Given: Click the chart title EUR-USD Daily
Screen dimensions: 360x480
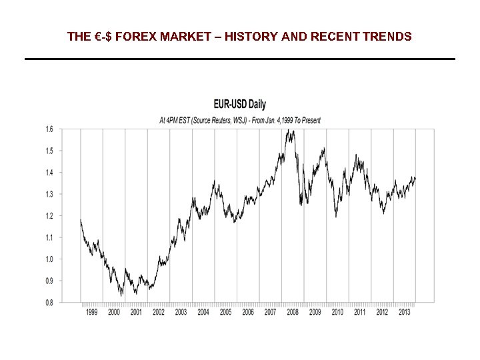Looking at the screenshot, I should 239,104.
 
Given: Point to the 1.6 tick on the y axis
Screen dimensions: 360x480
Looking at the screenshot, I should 49,129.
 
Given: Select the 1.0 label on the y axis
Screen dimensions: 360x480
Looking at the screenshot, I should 49,259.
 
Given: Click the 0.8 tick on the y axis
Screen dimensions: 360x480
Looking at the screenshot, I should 49,303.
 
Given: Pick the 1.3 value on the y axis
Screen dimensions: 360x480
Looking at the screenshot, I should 49,194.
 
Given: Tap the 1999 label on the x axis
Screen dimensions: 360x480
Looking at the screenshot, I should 91,312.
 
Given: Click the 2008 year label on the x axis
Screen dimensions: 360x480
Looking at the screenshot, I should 293,312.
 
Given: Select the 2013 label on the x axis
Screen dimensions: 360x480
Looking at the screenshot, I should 405,312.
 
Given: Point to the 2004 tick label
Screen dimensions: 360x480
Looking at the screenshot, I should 203,312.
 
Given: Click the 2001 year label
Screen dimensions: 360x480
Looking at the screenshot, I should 136,312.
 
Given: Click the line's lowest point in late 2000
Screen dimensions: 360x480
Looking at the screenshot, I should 121,295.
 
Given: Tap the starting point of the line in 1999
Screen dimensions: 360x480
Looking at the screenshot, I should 81,220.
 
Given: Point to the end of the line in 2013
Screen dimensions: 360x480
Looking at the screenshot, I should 415,178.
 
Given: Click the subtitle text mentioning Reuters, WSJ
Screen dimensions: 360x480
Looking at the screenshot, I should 239,121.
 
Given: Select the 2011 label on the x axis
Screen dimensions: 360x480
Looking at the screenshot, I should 360,312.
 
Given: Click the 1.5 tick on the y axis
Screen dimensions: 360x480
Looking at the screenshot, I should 49,151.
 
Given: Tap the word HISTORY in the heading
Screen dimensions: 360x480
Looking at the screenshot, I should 250,37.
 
